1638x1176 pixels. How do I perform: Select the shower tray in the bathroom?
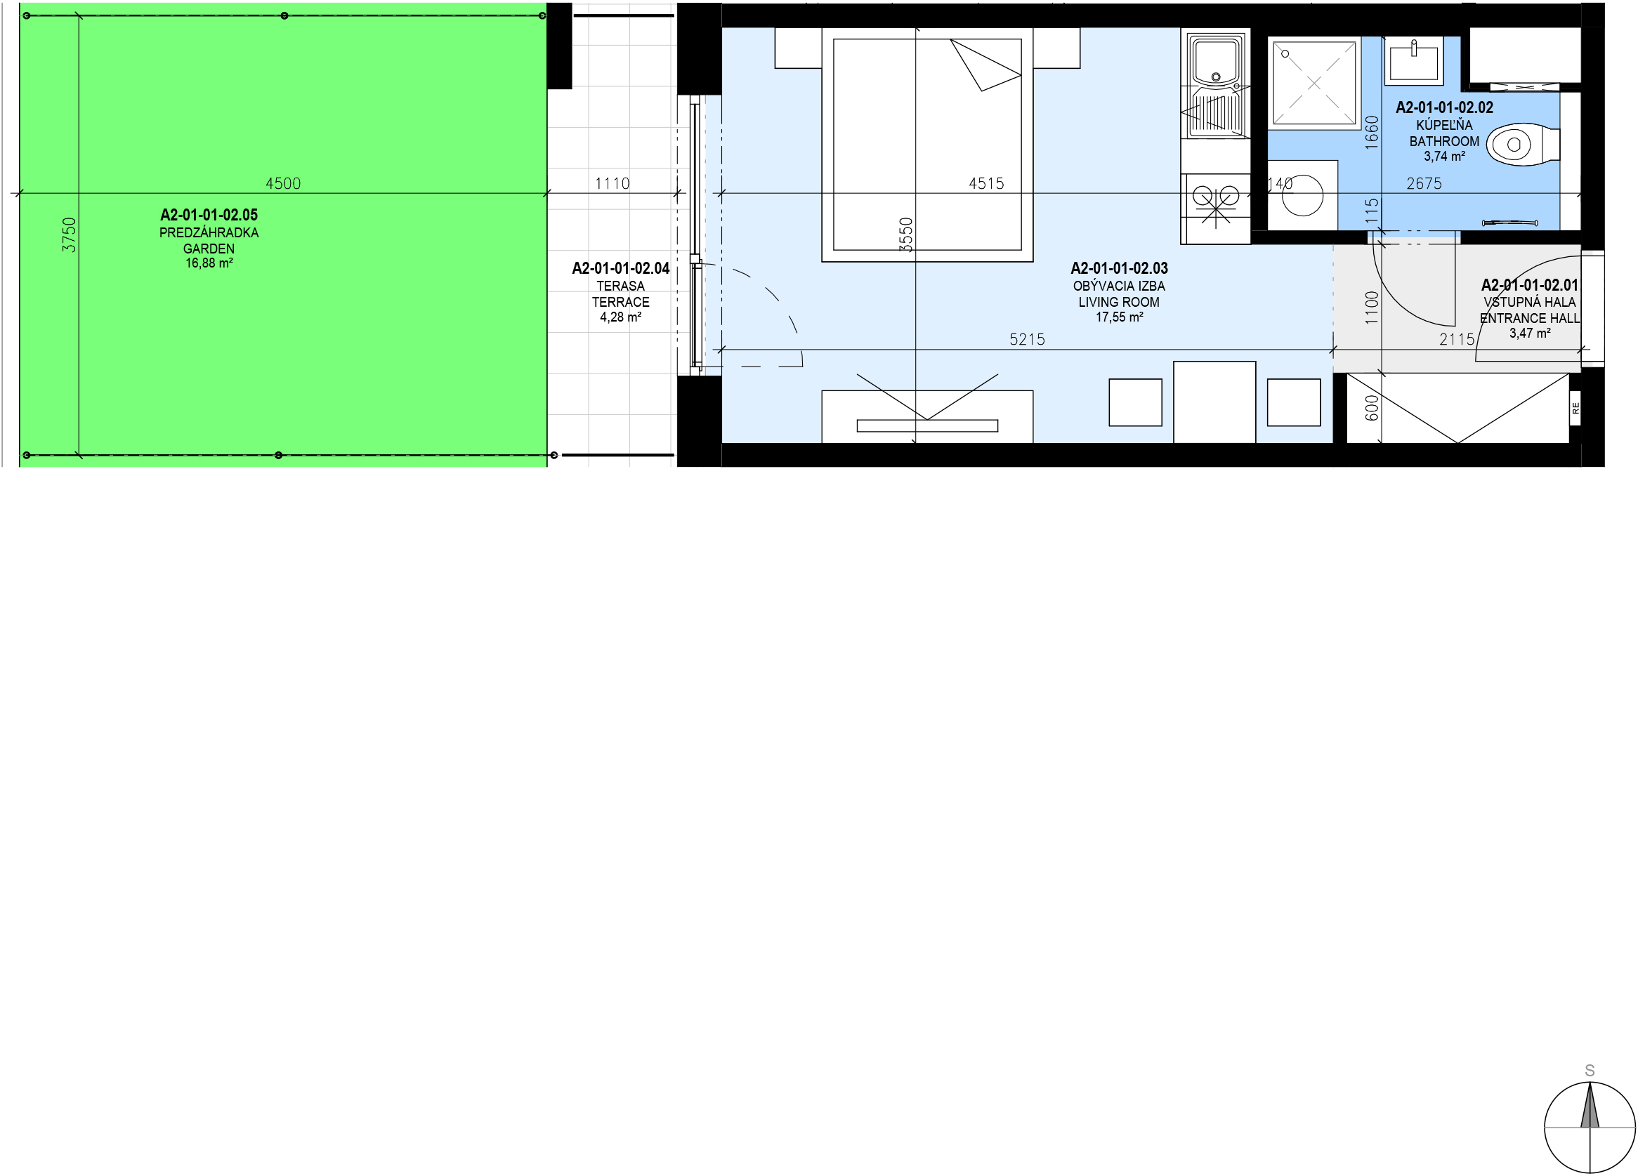(1313, 83)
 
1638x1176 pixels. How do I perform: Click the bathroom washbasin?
(1413, 60)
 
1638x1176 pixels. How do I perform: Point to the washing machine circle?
(1302, 195)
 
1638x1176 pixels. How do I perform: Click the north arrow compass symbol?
(1590, 1127)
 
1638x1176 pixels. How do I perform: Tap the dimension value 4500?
(283, 183)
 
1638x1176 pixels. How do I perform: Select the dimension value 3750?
(69, 234)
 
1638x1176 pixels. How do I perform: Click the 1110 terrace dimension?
(612, 183)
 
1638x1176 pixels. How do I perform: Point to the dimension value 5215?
(1027, 339)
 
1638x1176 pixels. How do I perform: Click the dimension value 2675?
(1424, 183)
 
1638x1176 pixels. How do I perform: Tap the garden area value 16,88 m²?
(209, 263)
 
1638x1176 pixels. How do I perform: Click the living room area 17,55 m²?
(1119, 317)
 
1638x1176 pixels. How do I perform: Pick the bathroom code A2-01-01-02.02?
(1444, 107)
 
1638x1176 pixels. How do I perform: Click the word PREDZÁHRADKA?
(209, 232)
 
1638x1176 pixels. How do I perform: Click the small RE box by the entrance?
(1575, 409)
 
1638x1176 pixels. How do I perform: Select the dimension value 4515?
(987, 183)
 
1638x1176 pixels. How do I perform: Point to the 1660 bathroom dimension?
(1372, 133)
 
